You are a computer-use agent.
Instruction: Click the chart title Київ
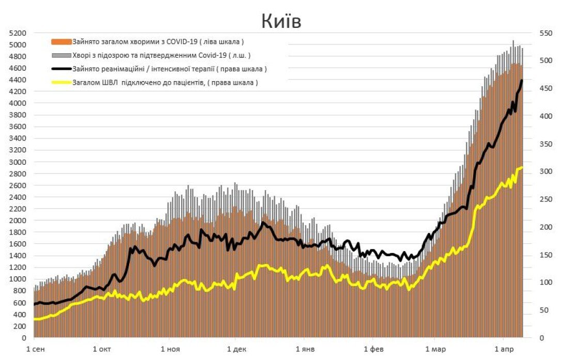tap(280, 21)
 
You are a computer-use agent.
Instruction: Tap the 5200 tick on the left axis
tap(18, 33)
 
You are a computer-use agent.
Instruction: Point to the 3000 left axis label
tap(18, 162)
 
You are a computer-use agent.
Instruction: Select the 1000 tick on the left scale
tap(18, 279)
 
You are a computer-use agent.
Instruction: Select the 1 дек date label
tap(237, 349)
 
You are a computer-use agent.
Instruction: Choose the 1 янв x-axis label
tap(305, 349)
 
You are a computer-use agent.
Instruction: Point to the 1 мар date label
tap(435, 349)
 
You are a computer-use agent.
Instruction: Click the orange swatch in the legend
tap(61, 41)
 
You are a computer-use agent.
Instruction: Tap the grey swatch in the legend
tap(61, 55)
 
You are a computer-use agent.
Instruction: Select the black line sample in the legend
tap(61, 69)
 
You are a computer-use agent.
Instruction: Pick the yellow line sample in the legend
tap(61, 82)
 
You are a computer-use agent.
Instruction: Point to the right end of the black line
tap(522, 81)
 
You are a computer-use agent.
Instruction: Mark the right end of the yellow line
tap(522, 167)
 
